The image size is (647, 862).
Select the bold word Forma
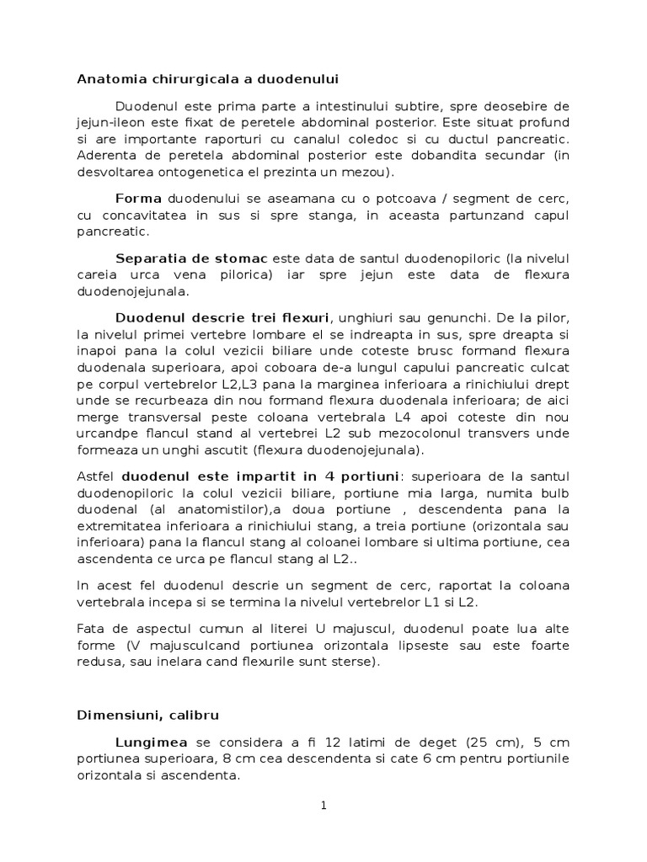pos(139,200)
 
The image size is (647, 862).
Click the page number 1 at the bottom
pos(323,805)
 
